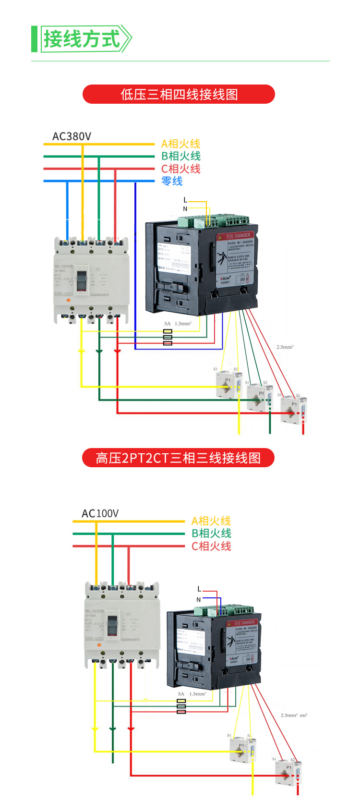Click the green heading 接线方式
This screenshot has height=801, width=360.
coord(82,39)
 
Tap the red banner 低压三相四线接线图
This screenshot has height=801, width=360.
coord(179,94)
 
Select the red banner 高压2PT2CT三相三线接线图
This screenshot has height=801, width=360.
coord(178,458)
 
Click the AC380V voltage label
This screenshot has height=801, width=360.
coord(72,136)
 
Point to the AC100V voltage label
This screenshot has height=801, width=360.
coord(100,513)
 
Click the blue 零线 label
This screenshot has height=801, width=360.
coord(172,181)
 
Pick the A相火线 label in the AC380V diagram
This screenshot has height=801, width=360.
coord(180,144)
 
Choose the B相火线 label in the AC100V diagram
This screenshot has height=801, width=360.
coord(211,533)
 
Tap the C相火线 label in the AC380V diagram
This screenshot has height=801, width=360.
coord(180,169)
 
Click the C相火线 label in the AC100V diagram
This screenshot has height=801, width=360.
coord(211,546)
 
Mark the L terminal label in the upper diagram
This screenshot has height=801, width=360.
coord(185,200)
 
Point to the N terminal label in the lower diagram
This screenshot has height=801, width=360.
coord(199,600)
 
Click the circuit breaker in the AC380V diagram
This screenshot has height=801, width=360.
coord(91,280)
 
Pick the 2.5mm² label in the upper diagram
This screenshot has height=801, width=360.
coord(285,347)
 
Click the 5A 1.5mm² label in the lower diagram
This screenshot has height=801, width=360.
coord(192,694)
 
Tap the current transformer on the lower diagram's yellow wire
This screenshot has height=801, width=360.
coord(242,749)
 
